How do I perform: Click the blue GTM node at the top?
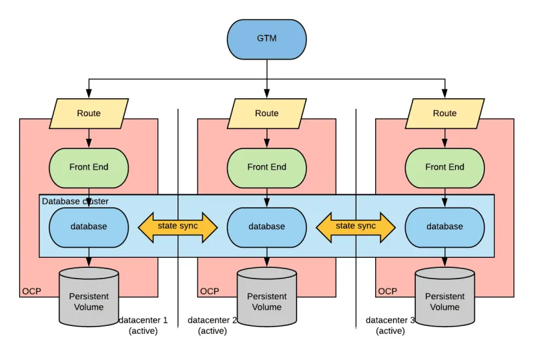click(266, 39)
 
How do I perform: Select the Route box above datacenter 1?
click(89, 114)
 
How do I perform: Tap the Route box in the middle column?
click(266, 114)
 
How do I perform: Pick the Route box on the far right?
click(445, 114)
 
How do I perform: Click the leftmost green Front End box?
click(89, 168)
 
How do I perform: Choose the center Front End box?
click(266, 168)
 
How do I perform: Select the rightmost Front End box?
click(445, 168)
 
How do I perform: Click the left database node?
click(89, 227)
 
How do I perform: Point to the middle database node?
click(266, 227)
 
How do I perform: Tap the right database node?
click(445, 227)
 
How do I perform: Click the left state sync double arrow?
click(178, 227)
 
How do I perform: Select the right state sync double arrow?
click(356, 227)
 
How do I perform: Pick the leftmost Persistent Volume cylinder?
click(89, 297)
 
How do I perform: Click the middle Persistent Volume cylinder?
click(266, 297)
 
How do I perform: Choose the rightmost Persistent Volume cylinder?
click(445, 297)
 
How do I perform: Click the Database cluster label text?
click(75, 201)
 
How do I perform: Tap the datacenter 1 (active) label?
click(144, 325)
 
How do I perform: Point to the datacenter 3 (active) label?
click(390, 325)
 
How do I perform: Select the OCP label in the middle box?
click(210, 291)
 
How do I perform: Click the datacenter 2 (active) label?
click(212, 325)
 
